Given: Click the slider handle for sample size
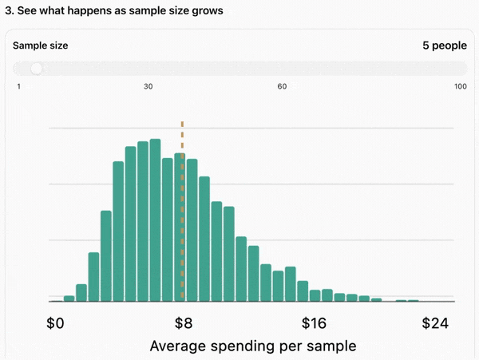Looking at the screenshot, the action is pyautogui.click(x=37, y=69).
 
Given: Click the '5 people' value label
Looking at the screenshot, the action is pyautogui.click(x=445, y=45).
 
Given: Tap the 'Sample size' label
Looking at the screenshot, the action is pyautogui.click(x=41, y=45).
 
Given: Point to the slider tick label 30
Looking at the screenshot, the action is pyautogui.click(x=148, y=86).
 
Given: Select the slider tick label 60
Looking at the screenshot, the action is pyautogui.click(x=282, y=86).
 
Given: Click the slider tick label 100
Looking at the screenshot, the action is pyautogui.click(x=461, y=86).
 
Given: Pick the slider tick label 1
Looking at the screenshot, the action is pyautogui.click(x=19, y=86).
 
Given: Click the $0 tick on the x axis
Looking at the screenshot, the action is pyautogui.click(x=55, y=323).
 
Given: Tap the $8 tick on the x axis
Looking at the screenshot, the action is pyautogui.click(x=184, y=323).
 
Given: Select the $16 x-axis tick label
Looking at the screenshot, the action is pyautogui.click(x=314, y=323).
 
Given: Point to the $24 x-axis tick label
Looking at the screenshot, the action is pyautogui.click(x=435, y=323).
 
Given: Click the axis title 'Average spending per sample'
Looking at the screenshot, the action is pyautogui.click(x=253, y=346).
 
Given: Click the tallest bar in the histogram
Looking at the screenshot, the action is pyautogui.click(x=155, y=220).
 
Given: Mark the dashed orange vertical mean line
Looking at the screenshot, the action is pyautogui.click(x=182, y=210).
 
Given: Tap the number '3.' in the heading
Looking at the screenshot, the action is pyautogui.click(x=10, y=10).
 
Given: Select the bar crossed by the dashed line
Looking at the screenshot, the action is pyautogui.click(x=180, y=227).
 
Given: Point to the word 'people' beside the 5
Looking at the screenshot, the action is pyautogui.click(x=449, y=46).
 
